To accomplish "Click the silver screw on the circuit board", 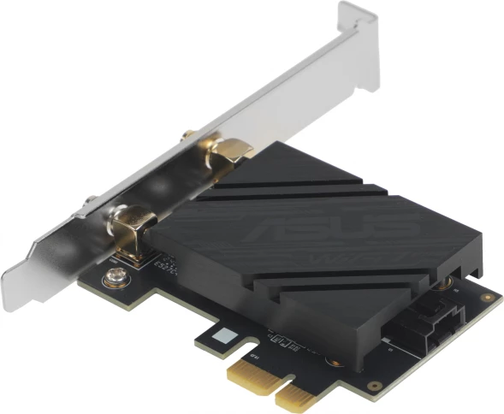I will [x=111, y=277].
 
